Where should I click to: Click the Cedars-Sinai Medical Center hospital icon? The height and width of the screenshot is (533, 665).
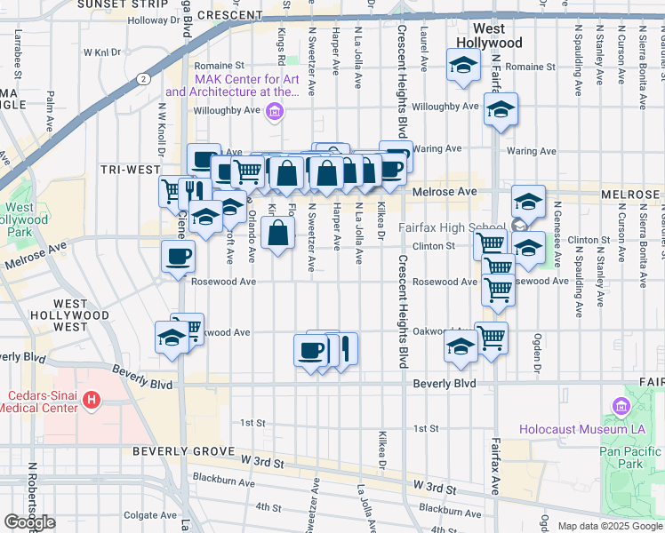[x=90, y=402]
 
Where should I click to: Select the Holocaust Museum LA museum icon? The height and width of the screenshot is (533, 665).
[x=621, y=408]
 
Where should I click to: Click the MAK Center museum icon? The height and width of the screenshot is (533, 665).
[x=275, y=111]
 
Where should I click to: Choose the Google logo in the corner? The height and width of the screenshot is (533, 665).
[x=29, y=522]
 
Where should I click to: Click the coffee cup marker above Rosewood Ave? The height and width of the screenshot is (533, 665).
[x=177, y=257]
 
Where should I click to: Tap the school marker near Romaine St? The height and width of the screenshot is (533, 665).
[x=462, y=67]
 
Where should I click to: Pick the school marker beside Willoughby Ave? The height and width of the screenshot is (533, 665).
[x=501, y=111]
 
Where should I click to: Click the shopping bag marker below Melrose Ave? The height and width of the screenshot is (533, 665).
[x=278, y=235]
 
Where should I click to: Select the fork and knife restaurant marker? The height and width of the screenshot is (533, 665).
[x=192, y=191]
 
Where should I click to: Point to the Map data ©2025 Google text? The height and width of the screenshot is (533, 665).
[x=610, y=526]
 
